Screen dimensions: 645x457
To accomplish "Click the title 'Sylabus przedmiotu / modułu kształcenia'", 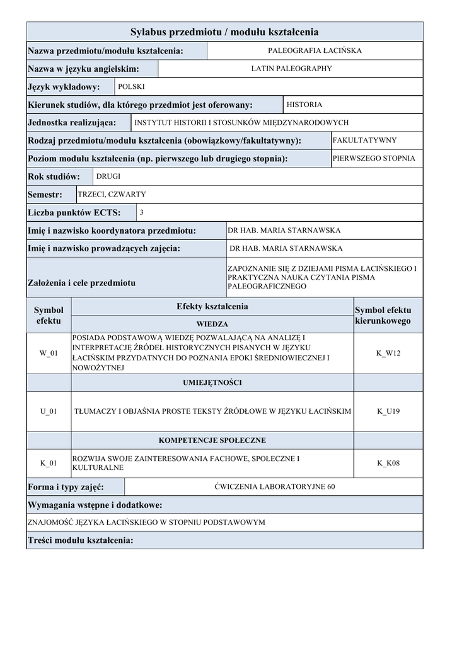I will click(224, 31).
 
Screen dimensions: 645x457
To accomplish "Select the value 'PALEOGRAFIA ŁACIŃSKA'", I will click(315, 50).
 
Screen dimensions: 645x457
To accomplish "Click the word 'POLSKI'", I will click(131, 86).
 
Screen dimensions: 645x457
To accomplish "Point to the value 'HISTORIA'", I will click(304, 105).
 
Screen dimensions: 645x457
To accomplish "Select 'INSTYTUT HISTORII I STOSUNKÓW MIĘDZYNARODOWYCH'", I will click(241, 123).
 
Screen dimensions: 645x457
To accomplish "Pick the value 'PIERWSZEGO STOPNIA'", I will click(374, 158).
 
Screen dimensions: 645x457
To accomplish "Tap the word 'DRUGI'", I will click(108, 177).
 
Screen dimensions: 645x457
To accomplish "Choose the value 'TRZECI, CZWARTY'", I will click(112, 195).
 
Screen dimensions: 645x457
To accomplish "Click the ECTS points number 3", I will click(141, 212).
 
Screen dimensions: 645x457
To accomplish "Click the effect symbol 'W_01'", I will click(49, 353).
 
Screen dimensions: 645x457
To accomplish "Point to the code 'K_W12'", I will click(388, 353).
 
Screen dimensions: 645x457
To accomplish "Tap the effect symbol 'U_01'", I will click(49, 411).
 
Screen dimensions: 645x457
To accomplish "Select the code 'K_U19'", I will click(388, 411).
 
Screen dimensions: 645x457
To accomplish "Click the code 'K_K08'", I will click(388, 464).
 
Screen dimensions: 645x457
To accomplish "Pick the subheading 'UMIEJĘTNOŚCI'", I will click(212, 382).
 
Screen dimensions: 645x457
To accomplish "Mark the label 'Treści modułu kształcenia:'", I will click(81, 540).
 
